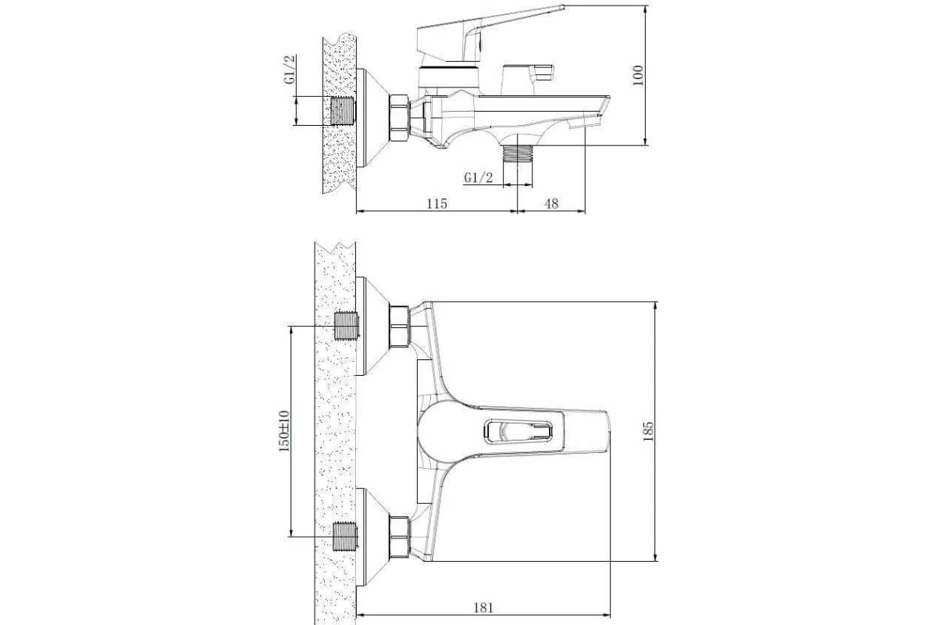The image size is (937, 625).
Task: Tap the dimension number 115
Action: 436,204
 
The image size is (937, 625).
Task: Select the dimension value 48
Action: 551,204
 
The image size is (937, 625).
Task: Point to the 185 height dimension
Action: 647,431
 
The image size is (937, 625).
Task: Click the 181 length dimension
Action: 483,607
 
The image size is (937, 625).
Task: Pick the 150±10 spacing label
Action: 284,430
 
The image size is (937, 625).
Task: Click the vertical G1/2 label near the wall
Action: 290,69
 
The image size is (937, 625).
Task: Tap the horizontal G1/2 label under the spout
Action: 478,177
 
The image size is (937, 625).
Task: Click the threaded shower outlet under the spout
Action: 518,154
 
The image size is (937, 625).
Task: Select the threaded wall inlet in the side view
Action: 343,111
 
